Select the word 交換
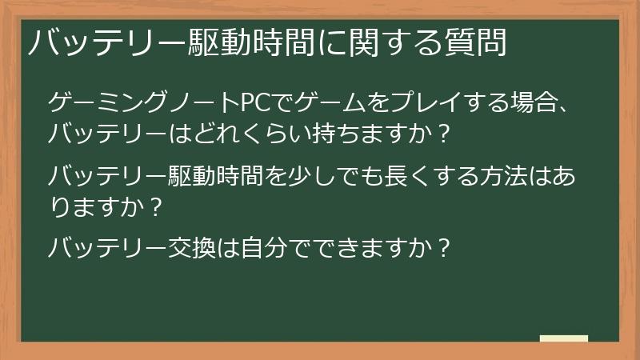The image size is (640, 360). [x=190, y=248]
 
